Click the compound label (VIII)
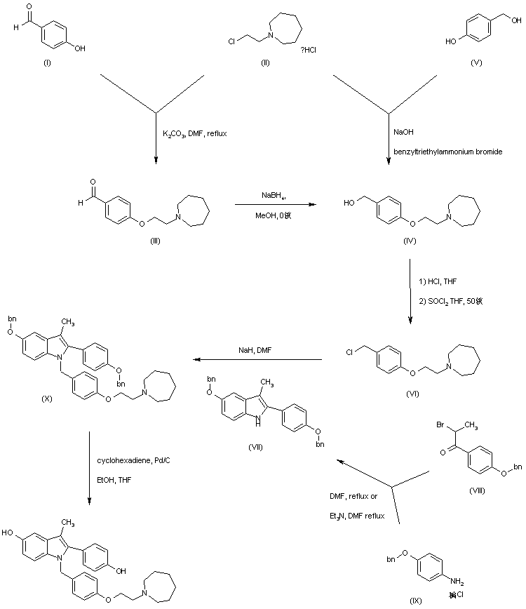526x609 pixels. tap(478, 490)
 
